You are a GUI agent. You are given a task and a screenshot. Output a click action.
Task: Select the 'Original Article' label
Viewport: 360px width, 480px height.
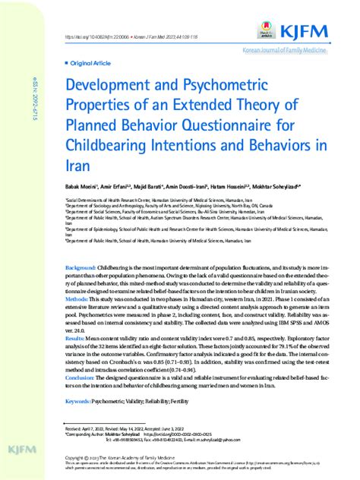(x=89, y=65)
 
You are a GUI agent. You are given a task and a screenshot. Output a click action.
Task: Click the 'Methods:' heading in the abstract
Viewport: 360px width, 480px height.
(x=77, y=300)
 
